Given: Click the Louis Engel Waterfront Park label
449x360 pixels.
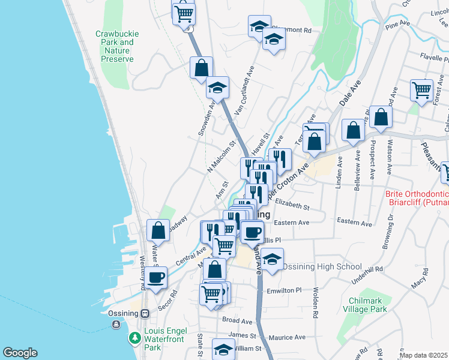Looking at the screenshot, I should click(166, 339).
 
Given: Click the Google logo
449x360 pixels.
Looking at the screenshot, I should click(20, 353).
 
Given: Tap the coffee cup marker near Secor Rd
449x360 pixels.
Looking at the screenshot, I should click(156, 277).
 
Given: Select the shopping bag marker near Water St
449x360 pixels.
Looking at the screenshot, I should click(157, 230).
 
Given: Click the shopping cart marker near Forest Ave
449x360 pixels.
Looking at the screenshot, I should click(422, 90).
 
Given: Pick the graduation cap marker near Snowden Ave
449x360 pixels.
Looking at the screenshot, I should click(217, 88).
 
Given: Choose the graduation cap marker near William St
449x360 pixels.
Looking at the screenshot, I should click(224, 349).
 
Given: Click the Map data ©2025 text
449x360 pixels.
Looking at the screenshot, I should click(424, 355).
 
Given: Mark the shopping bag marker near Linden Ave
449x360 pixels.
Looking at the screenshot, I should click(353, 130).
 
